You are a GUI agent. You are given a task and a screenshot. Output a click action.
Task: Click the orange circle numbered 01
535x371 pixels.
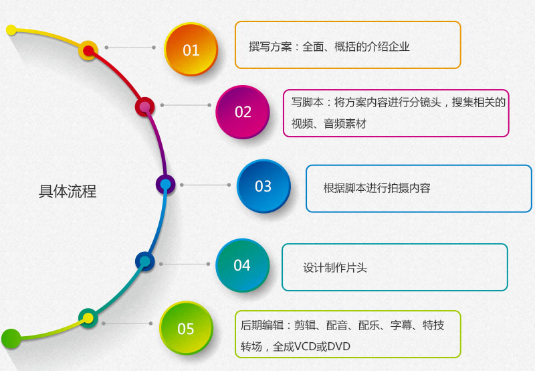point(191,49)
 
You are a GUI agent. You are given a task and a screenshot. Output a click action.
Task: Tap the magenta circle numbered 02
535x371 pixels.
point(243,112)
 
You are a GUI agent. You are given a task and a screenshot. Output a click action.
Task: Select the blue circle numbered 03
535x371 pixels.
point(263,186)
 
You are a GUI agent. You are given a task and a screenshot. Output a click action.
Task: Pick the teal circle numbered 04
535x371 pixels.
point(242,265)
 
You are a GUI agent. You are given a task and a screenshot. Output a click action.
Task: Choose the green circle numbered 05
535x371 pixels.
point(186,328)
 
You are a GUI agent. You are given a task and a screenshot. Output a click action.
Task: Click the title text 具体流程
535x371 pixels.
point(68,192)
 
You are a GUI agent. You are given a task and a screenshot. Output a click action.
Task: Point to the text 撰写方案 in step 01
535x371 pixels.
point(270,46)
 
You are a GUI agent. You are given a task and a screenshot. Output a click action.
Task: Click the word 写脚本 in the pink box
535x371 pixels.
point(308,102)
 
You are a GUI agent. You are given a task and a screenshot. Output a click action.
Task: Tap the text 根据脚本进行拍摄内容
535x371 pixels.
point(377,188)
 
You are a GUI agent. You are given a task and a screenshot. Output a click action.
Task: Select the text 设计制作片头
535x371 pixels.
point(335,267)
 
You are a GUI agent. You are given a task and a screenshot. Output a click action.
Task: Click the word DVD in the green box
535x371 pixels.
point(339,347)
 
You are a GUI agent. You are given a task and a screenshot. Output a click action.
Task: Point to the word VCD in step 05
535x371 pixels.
point(305,347)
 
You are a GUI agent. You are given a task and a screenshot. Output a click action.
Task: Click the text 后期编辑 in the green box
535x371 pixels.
point(262,325)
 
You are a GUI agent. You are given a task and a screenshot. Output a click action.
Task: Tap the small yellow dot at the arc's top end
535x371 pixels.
point(11,30)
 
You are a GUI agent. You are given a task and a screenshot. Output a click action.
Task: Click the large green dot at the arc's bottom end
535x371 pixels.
point(11,339)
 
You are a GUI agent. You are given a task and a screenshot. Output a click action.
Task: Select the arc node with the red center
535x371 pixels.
point(89,51)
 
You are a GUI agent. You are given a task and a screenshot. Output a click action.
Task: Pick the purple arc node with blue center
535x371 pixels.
point(165,184)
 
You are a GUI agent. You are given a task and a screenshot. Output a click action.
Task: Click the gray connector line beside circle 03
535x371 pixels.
point(205,185)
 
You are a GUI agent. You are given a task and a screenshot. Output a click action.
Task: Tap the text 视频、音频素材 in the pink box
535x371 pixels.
point(328,124)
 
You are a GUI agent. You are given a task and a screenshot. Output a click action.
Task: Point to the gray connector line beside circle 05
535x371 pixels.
point(127,323)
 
